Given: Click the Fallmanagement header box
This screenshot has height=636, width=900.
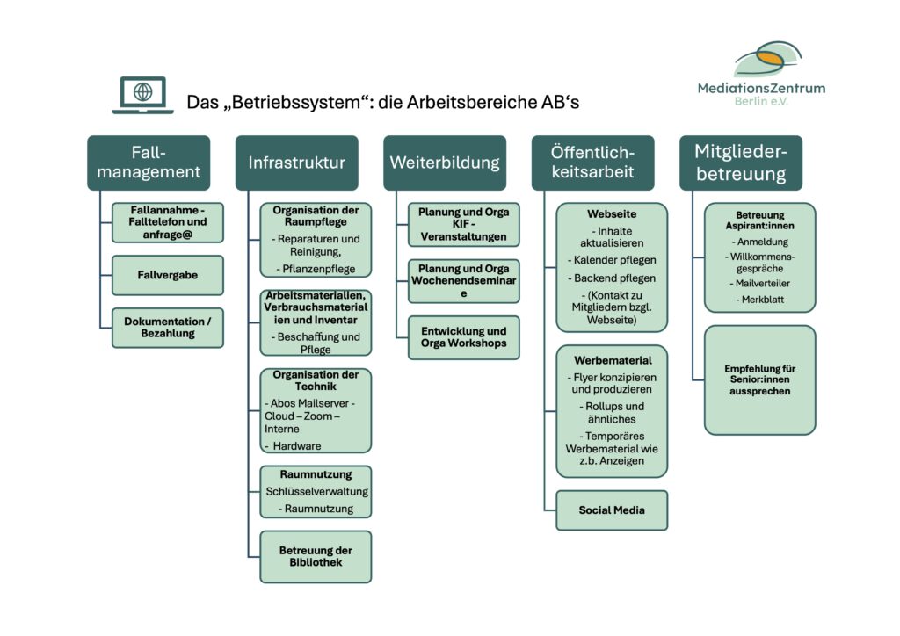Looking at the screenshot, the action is [149, 163].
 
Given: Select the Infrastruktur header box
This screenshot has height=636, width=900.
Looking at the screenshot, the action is [297, 163].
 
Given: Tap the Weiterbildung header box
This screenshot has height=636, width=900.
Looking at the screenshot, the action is [445, 163].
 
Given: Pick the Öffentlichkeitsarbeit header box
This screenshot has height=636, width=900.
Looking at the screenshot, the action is [593, 163].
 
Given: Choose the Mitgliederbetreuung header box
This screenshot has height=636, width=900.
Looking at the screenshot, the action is [741, 163].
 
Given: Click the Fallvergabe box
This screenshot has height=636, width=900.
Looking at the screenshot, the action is [168, 275].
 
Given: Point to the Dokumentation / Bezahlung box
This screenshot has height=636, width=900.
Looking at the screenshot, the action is [168, 328].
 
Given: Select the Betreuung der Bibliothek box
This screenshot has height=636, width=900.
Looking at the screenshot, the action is [316, 557].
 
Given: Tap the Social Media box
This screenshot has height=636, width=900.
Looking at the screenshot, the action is [612, 510].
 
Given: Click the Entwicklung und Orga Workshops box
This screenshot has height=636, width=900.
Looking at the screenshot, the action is [464, 338].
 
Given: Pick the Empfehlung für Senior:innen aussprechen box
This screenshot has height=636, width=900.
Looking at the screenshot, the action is [760, 380].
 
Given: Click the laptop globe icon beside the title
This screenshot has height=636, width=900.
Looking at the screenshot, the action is [143, 95].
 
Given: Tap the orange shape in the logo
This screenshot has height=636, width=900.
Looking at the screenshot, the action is [770, 57].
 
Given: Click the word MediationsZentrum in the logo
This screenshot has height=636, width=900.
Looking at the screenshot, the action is [762, 89].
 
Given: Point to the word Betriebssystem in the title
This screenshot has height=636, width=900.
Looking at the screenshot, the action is [299, 103].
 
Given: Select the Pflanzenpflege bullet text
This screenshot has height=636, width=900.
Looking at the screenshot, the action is [316, 269].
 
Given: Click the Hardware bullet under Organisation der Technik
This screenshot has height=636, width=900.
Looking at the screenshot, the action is [293, 446].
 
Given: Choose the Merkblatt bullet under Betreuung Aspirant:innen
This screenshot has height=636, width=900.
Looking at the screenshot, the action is [760, 300].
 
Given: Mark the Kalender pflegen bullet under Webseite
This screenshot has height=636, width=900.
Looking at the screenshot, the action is [612, 260].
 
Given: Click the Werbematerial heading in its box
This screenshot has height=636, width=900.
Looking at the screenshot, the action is [613, 361].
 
